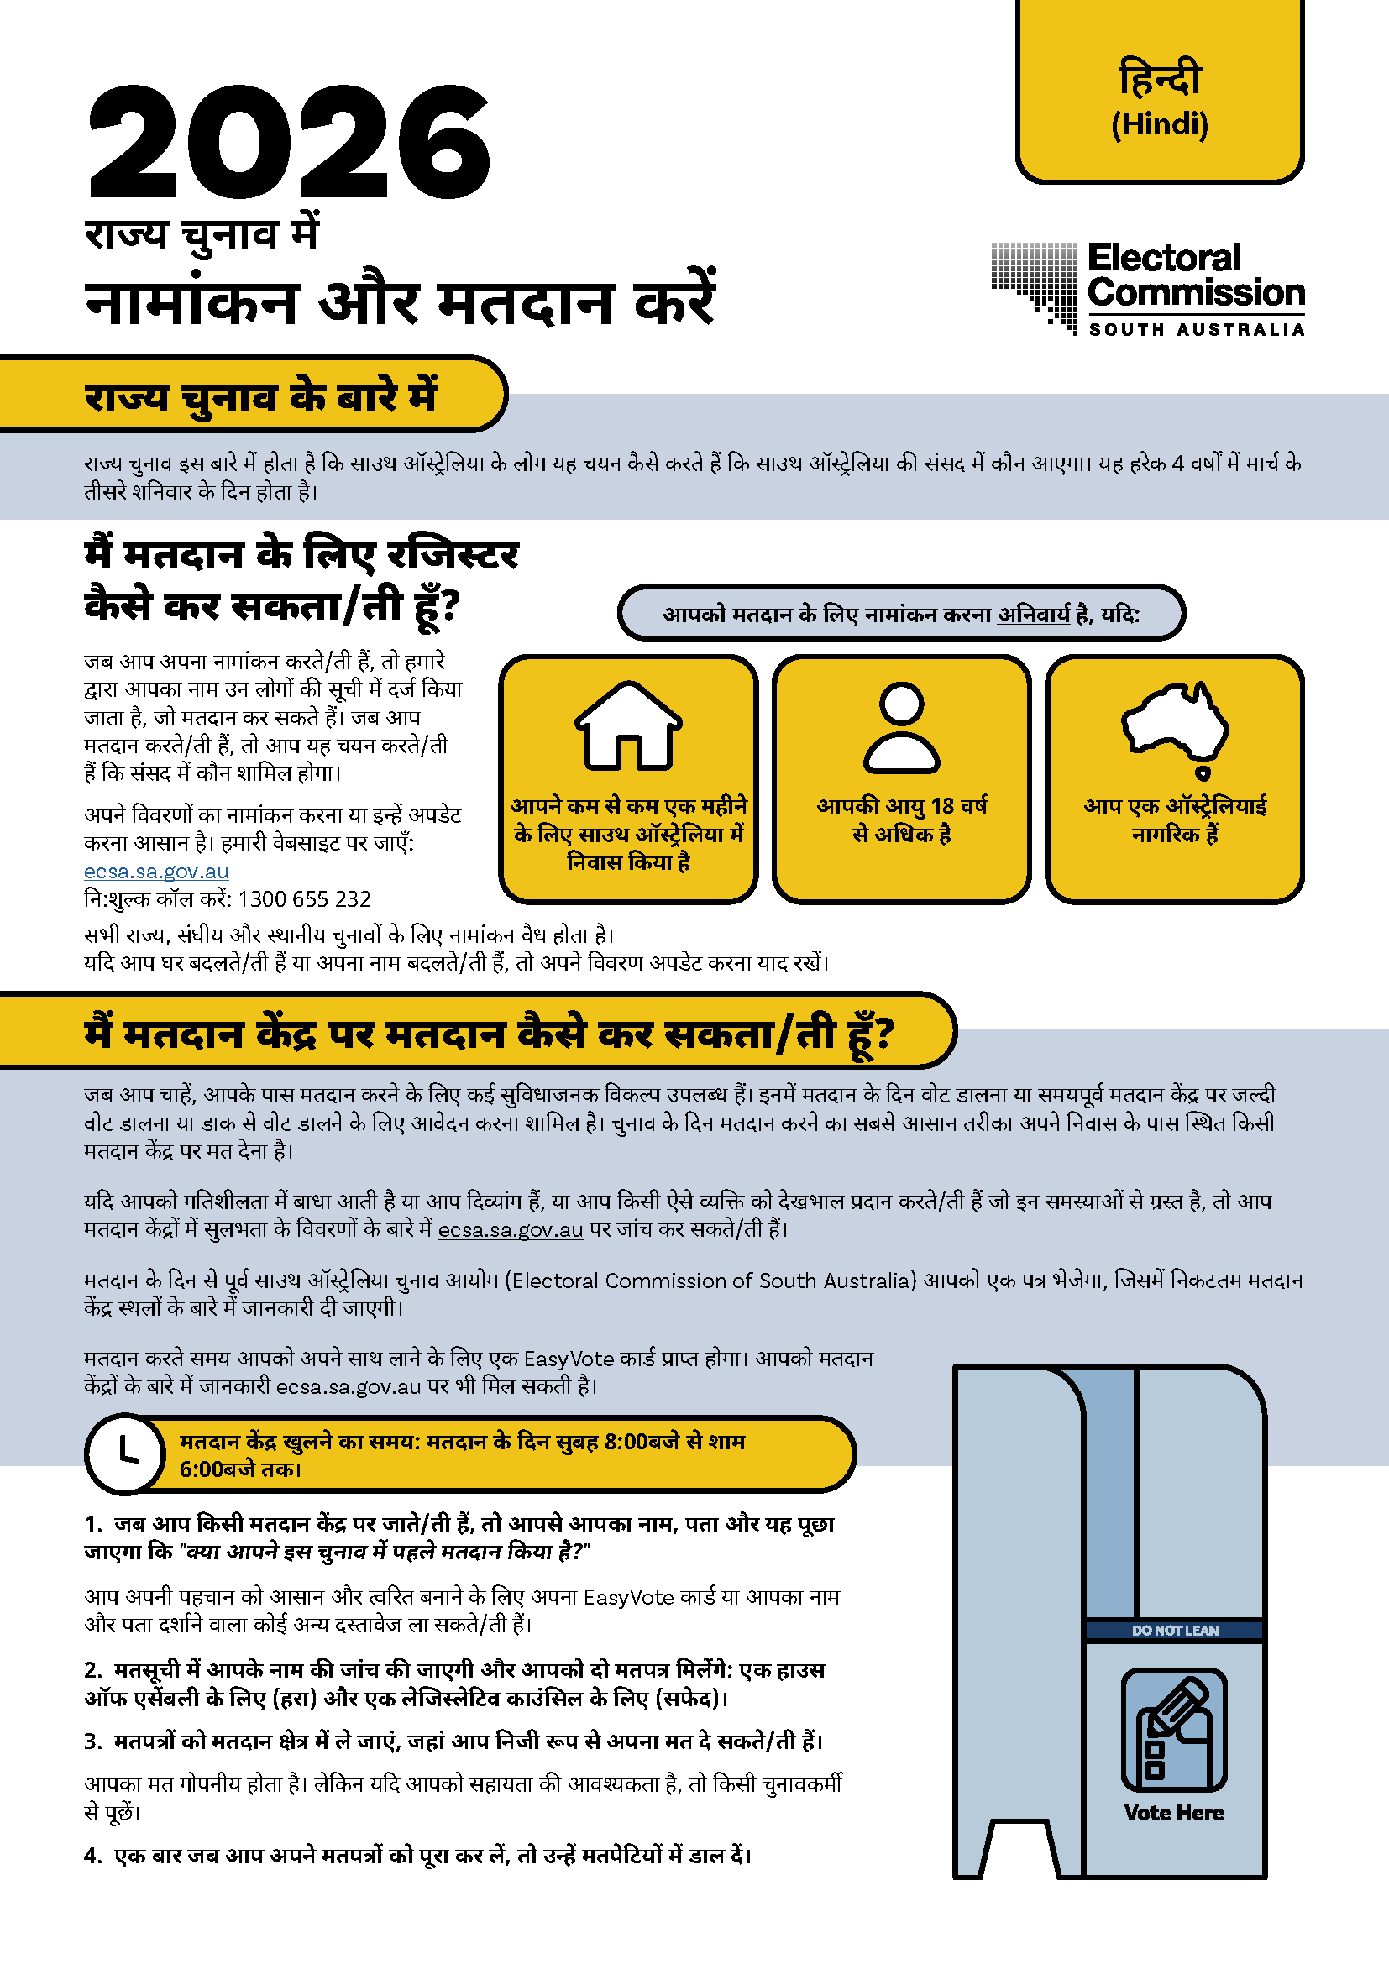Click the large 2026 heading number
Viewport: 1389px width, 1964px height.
point(289,144)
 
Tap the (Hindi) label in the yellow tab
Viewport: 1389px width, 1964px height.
point(1159,125)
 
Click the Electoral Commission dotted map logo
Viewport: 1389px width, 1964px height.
point(1034,285)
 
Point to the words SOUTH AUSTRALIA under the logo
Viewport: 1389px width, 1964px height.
point(1196,329)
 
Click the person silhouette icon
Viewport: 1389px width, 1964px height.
point(901,728)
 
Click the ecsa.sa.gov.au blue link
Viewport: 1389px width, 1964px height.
point(155,871)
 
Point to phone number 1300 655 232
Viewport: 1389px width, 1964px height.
point(304,899)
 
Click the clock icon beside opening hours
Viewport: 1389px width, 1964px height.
point(126,1453)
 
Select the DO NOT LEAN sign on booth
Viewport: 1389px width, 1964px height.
point(1174,1631)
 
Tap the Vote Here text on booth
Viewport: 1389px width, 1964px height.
point(1173,1813)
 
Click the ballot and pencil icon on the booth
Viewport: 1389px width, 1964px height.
point(1173,1730)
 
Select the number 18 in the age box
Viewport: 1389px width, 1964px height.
point(941,806)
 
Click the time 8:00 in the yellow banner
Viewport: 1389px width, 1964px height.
point(626,1442)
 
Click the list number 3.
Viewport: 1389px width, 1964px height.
point(92,1741)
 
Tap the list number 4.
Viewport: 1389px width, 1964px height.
point(92,1856)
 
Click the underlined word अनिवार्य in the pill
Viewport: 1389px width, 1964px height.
point(1033,614)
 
